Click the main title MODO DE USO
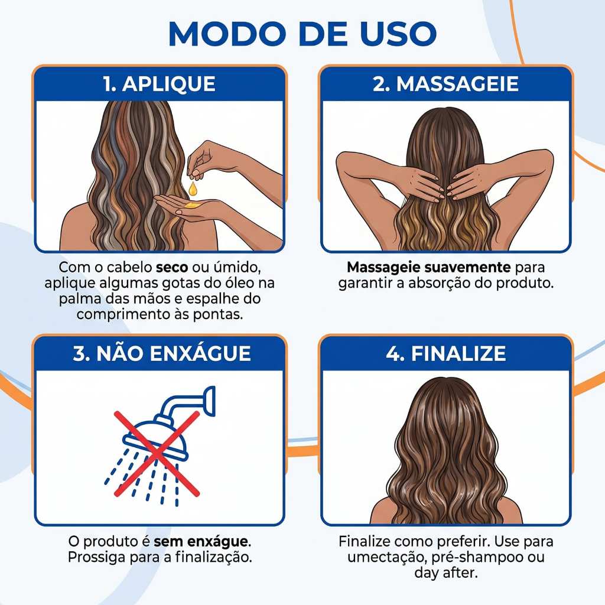pos(302,34)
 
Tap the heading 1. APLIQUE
pos(159,84)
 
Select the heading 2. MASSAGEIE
pos(445,84)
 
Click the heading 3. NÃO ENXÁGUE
pos(162,353)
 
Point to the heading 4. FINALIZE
pos(445,353)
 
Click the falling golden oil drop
pos(192,188)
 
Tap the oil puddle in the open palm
pos(191,206)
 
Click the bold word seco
pos(172,267)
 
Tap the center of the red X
pos(157,453)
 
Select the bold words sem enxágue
pos(201,541)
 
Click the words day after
pos(445,573)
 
